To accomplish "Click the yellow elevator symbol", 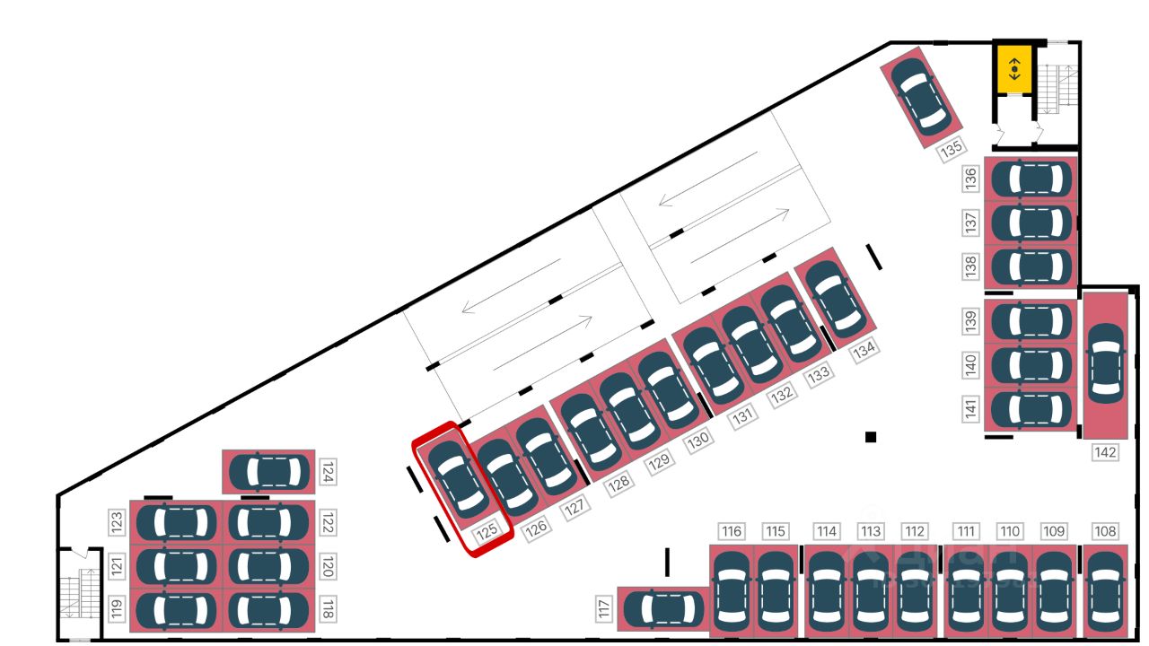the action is click(1014, 68).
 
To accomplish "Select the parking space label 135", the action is click(952, 149).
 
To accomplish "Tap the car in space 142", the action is click(1105, 362).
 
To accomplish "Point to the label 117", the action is click(604, 611).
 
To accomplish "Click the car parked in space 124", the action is click(268, 472).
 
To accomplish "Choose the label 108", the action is click(1105, 531).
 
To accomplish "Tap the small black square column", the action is click(870, 437).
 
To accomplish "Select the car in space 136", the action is click(1032, 179).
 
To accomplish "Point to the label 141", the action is click(970, 409).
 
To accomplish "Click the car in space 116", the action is click(732, 590).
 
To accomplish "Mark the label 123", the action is click(117, 522).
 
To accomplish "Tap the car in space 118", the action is click(268, 610).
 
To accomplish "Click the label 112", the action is click(915, 531).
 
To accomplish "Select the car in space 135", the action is click(920, 96).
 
